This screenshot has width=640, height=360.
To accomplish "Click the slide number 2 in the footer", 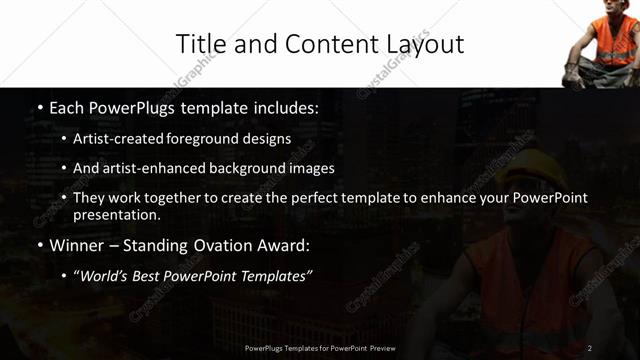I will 590,348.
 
